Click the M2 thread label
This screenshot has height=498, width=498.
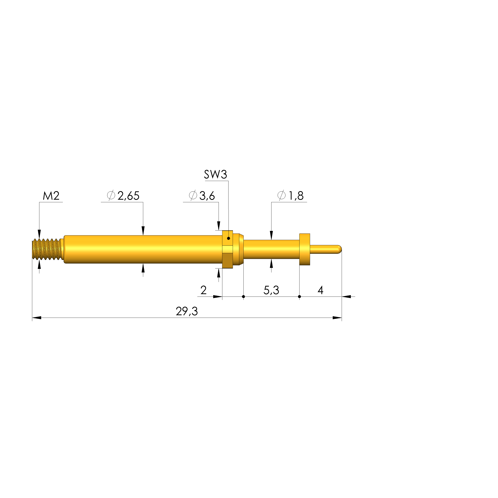click(51, 196)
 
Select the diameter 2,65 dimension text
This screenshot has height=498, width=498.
click(123, 196)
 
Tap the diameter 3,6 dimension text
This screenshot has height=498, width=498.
click(202, 196)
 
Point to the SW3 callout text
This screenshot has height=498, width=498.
click(216, 174)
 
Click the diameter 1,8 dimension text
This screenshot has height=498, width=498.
click(291, 196)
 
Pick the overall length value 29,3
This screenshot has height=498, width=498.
click(187, 311)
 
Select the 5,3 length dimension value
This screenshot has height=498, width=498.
click(271, 290)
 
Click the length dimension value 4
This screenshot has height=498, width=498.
click(320, 290)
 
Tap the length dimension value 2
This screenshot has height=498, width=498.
click(203, 290)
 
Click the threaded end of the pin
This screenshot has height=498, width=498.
click(48, 249)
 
